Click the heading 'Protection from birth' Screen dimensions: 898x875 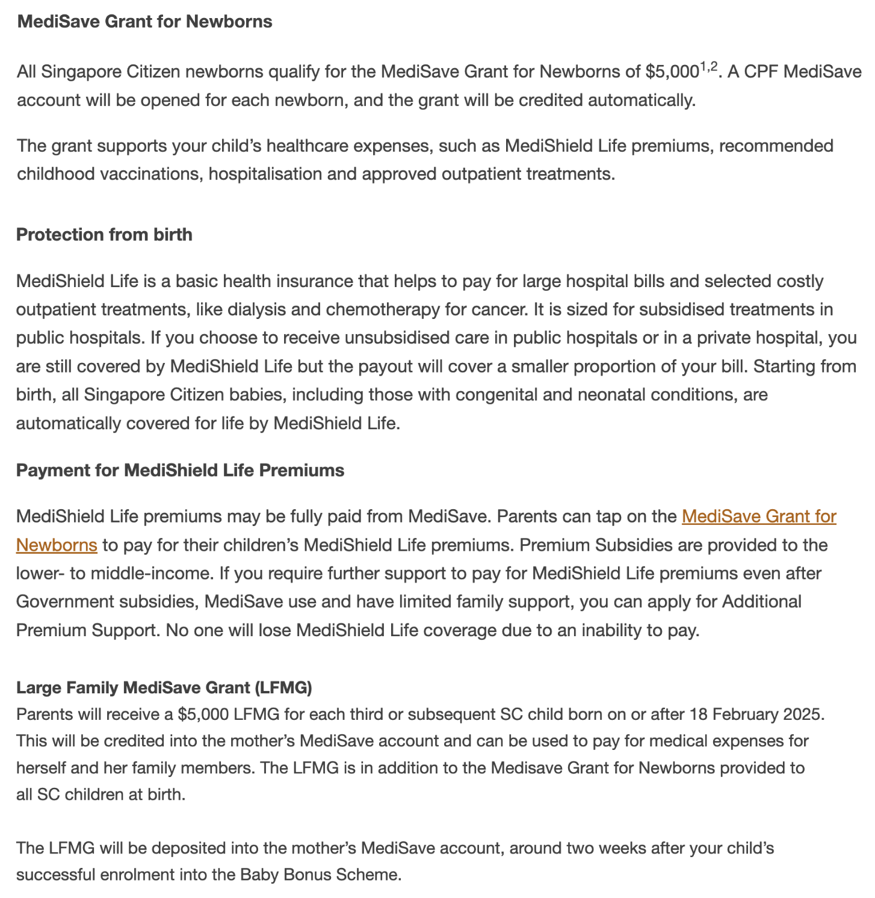(104, 235)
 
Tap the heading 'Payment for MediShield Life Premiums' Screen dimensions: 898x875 (180, 471)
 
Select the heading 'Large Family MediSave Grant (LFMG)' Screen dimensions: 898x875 (164, 687)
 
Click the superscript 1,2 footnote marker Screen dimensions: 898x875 (708, 67)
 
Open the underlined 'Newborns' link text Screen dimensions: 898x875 (57, 545)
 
